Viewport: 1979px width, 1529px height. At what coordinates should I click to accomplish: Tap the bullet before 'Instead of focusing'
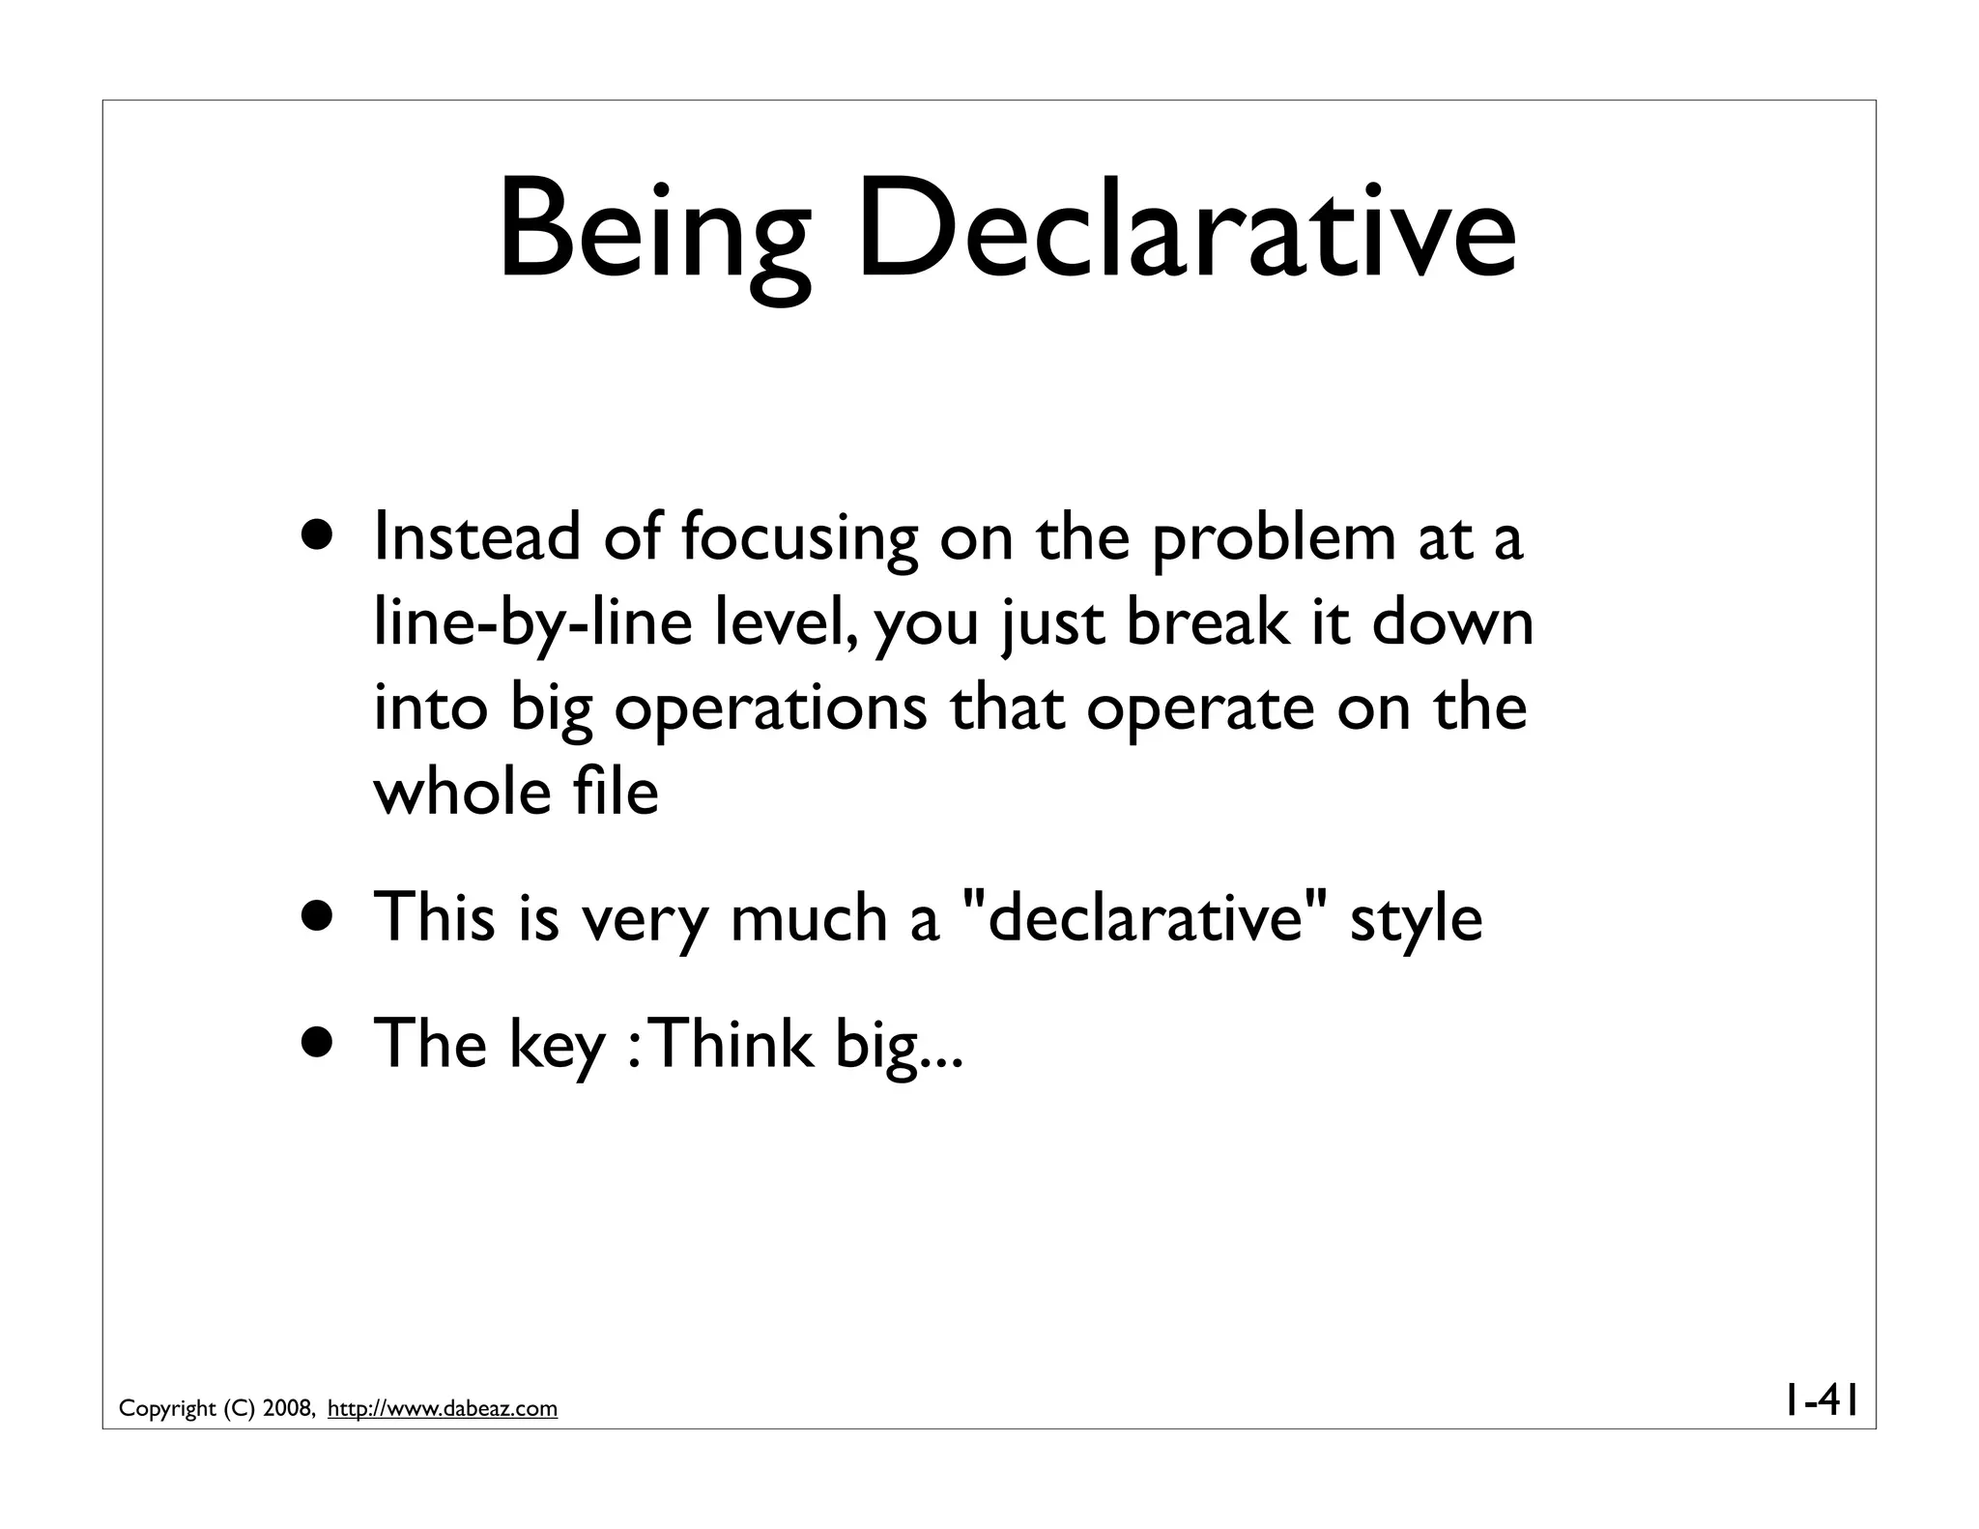tap(318, 537)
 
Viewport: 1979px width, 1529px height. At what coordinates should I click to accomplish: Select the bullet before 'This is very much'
tap(318, 917)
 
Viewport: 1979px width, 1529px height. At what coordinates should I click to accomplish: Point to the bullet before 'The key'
tap(318, 1044)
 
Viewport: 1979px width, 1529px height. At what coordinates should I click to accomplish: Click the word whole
tap(459, 793)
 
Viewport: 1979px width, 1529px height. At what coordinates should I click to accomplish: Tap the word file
tap(614, 793)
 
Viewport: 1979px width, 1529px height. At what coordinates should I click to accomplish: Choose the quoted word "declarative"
tap(1146, 917)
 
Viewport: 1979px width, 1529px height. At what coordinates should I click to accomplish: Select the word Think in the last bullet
tap(736, 1044)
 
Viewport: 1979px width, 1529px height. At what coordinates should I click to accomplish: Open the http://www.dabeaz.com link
tap(443, 1409)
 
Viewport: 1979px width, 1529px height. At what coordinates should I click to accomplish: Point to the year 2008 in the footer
tap(287, 1409)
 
